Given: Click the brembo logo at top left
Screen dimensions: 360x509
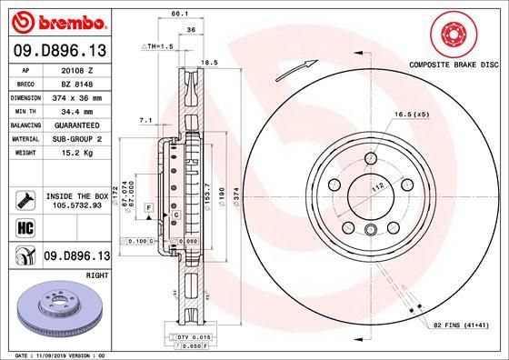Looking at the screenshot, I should (56, 20).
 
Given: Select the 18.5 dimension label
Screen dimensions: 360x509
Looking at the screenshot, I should (209, 63).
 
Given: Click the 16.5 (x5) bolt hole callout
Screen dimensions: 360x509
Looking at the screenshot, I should (413, 115).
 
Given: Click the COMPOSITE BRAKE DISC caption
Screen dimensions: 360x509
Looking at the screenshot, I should (455, 65).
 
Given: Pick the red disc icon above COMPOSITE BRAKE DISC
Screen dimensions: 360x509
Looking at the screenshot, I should (454, 35).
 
